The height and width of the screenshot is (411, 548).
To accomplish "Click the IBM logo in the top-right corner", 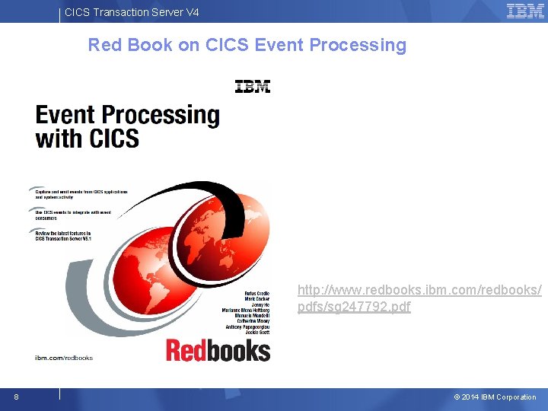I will (525, 11).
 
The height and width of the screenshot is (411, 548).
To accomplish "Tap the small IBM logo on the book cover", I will (253, 86).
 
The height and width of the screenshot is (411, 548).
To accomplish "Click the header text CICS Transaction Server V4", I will (132, 11).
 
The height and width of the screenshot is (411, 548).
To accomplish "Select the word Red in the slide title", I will (104, 45).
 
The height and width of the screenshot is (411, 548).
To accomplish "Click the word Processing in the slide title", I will (360, 45).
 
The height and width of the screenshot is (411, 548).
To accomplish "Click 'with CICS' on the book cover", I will (87, 139).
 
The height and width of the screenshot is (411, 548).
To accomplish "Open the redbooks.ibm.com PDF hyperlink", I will (419, 298).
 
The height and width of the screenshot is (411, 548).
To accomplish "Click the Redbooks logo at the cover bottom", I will (218, 351).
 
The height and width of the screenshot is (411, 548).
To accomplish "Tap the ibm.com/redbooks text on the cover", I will (64, 357).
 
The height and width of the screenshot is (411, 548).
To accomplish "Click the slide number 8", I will (16, 397).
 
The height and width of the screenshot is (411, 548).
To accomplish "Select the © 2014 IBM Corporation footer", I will (495, 397).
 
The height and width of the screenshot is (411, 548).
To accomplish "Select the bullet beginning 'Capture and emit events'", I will (80, 193).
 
